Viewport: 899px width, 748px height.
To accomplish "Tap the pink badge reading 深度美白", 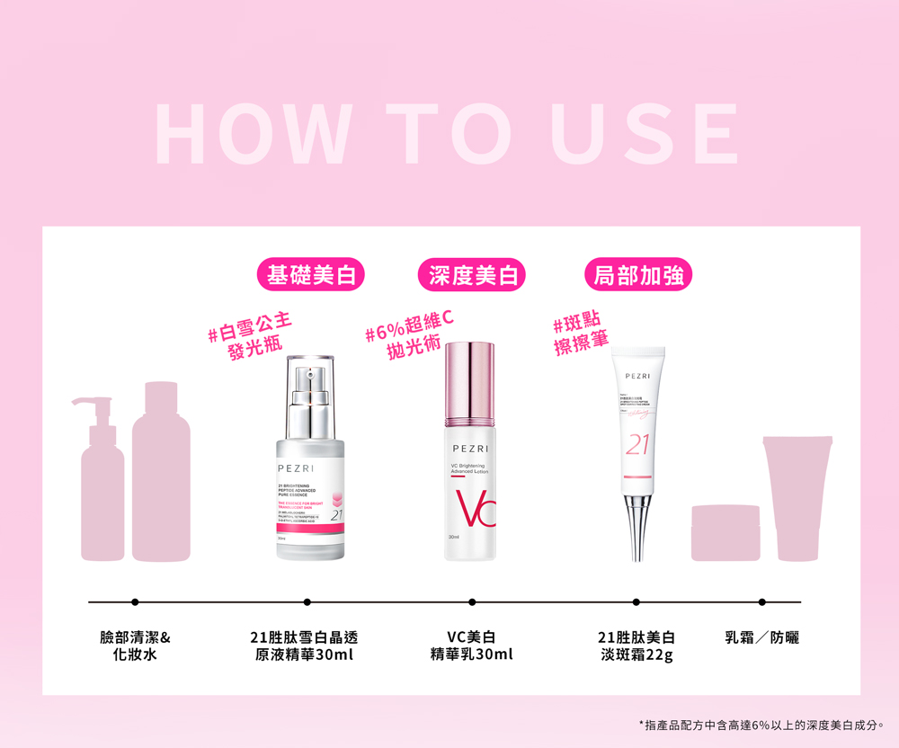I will [472, 275].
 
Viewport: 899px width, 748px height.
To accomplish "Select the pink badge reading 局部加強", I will [637, 275].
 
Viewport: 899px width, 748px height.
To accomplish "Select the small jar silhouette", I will [725, 533].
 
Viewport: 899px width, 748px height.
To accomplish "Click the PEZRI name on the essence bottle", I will [296, 469].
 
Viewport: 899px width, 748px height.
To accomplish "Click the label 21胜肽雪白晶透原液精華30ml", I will [306, 646].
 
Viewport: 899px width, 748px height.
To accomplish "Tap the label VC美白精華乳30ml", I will [472, 646].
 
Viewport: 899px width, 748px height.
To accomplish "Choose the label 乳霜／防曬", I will [762, 637].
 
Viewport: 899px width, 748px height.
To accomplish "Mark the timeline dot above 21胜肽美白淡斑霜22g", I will [636, 601].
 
